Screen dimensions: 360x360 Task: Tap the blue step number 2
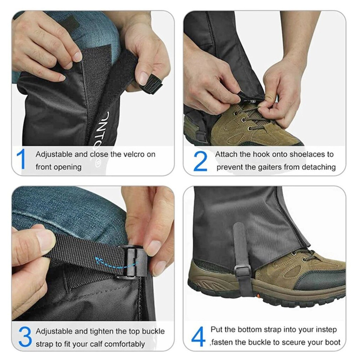click(200, 161)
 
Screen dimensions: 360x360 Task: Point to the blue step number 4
click(198, 336)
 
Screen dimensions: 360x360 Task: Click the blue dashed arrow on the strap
click(116, 263)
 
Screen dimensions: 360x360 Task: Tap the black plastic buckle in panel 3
click(135, 261)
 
